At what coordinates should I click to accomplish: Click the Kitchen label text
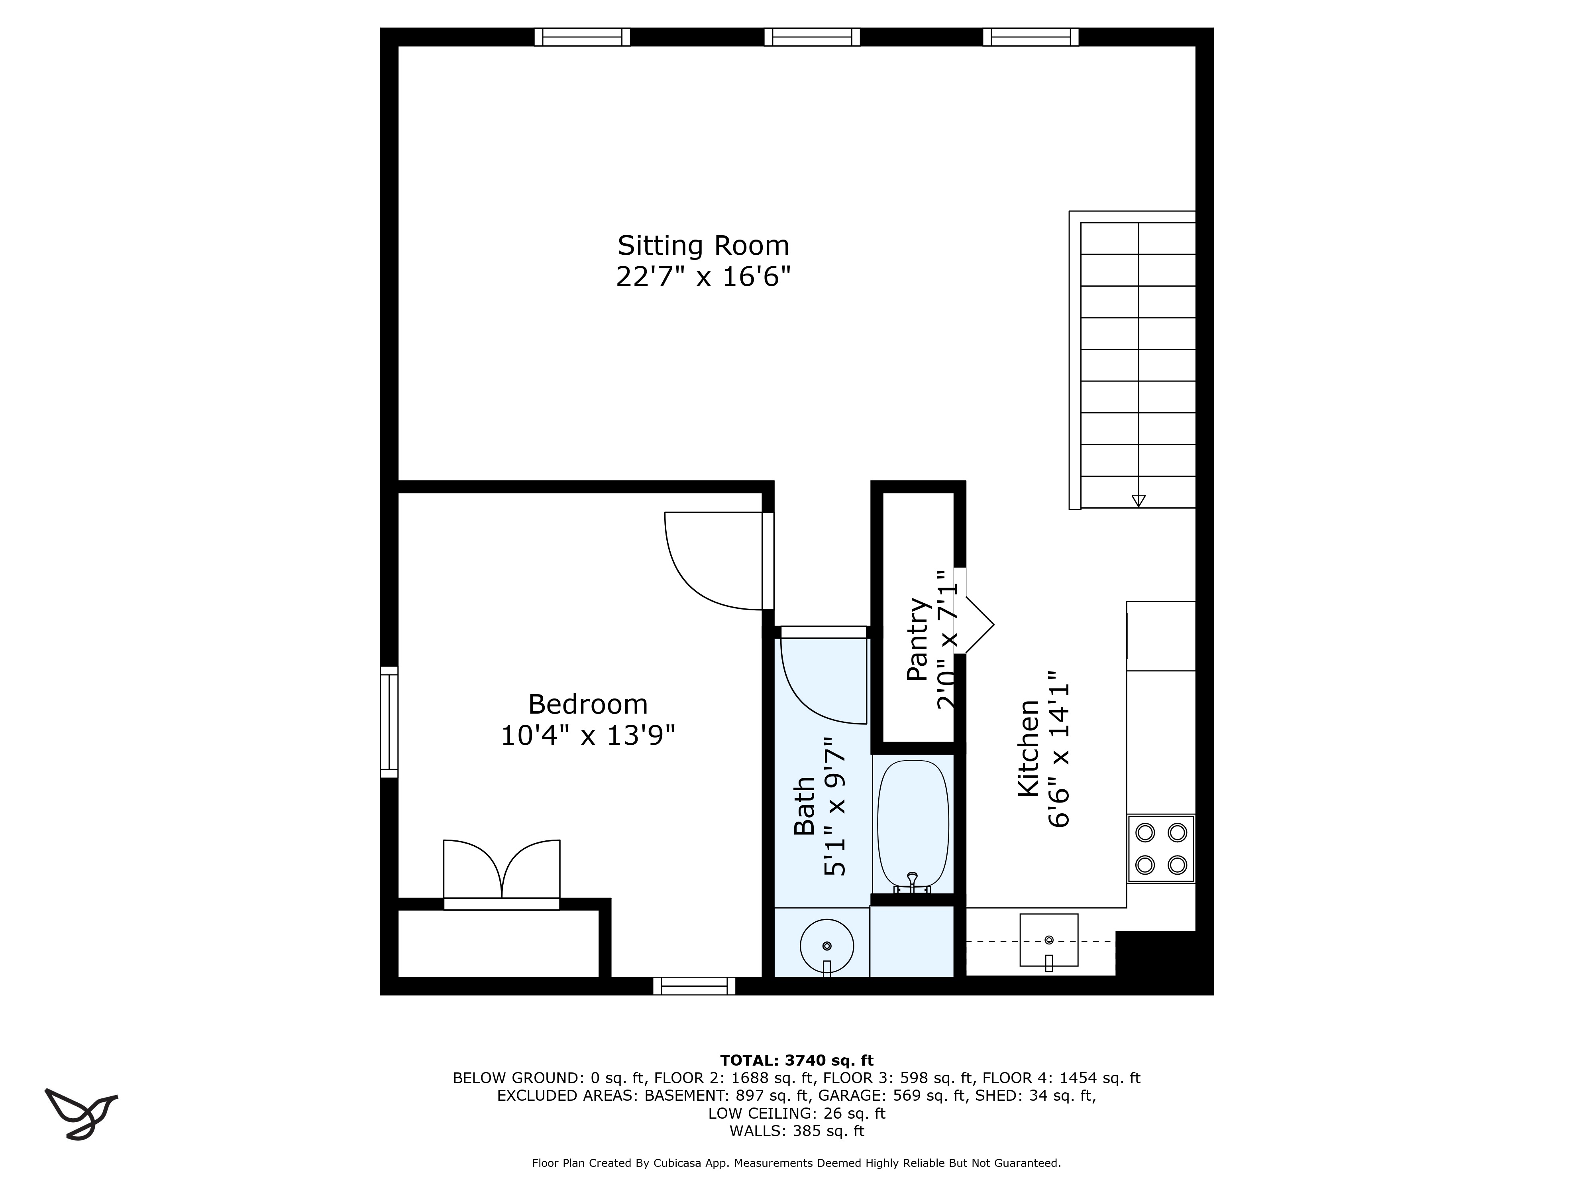point(1028,747)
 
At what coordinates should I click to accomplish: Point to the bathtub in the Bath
point(912,822)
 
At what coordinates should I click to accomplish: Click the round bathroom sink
point(826,945)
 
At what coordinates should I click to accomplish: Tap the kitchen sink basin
point(1048,940)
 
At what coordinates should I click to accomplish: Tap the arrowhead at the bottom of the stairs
point(1139,500)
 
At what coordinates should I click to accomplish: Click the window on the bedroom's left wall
point(389,722)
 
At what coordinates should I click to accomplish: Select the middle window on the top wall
point(812,37)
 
